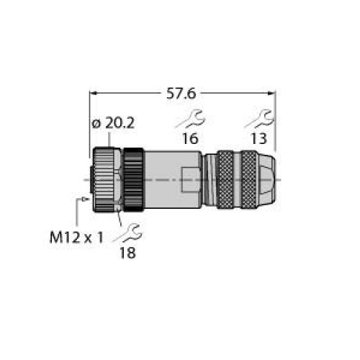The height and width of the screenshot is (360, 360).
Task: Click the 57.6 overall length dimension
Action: click(181, 94)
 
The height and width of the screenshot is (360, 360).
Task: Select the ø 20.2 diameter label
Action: click(113, 123)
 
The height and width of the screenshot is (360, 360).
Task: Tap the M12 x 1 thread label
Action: click(76, 238)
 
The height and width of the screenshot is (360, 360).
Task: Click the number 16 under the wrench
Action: click(190, 138)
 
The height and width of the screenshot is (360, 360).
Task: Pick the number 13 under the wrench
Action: click(258, 138)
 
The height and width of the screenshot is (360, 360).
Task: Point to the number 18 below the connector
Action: click(127, 253)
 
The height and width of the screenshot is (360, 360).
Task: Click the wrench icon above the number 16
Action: click(191, 119)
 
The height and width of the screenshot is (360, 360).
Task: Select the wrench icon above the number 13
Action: click(259, 119)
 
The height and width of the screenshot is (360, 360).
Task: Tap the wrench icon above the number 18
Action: click(128, 233)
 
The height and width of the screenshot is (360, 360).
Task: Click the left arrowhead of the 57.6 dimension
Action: click(93, 94)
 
